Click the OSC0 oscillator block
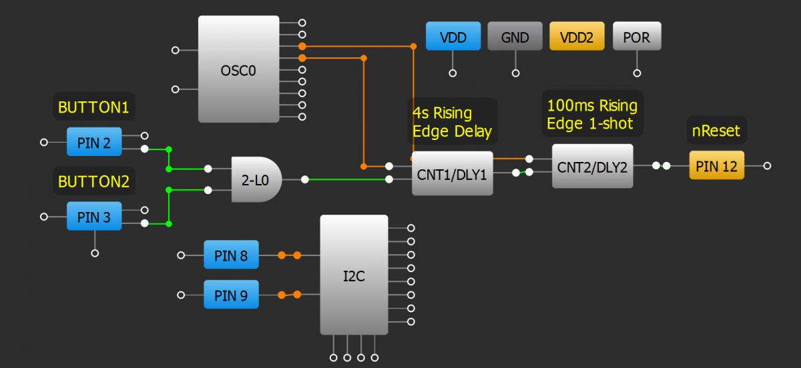(x=238, y=69)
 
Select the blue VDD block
(x=453, y=37)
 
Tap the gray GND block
(x=515, y=37)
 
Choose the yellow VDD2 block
(x=577, y=37)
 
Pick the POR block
(x=637, y=37)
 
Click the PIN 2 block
(x=94, y=141)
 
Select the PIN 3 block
(x=94, y=216)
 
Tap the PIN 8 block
(x=231, y=255)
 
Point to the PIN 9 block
(x=231, y=295)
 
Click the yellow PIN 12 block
(x=716, y=165)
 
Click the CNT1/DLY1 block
(x=452, y=173)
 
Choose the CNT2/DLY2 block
(x=592, y=166)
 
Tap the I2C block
(x=354, y=275)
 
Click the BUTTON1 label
(x=93, y=107)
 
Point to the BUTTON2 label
(x=93, y=181)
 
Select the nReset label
(x=716, y=131)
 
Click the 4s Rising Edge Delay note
(x=452, y=122)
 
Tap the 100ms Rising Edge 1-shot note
(x=591, y=114)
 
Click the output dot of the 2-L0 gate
(x=305, y=179)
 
